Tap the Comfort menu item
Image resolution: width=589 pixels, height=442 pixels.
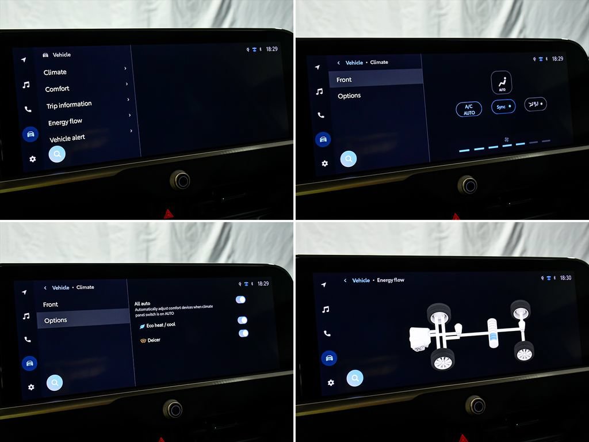[57, 89]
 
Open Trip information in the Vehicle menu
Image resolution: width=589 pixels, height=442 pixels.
[69, 105]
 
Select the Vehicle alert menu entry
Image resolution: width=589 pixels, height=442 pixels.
[67, 138]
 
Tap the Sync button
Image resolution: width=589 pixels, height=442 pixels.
[503, 106]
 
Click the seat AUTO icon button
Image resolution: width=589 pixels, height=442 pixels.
[502, 82]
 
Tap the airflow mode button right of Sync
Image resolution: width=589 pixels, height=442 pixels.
[536, 104]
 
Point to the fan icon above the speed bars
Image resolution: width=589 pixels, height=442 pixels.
[506, 139]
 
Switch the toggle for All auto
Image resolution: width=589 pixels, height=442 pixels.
[240, 299]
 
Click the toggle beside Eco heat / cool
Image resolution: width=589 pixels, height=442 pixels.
[242, 320]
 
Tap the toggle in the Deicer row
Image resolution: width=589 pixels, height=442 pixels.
[243, 333]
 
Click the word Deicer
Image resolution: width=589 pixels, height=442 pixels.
[154, 340]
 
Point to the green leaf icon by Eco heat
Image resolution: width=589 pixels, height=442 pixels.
[142, 327]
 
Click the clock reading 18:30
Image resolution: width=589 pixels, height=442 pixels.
[565, 278]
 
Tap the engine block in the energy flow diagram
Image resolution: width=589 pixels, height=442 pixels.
[419, 339]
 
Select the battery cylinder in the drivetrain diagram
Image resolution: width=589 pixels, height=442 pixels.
[492, 333]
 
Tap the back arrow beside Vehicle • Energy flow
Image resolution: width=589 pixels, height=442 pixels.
[345, 280]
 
